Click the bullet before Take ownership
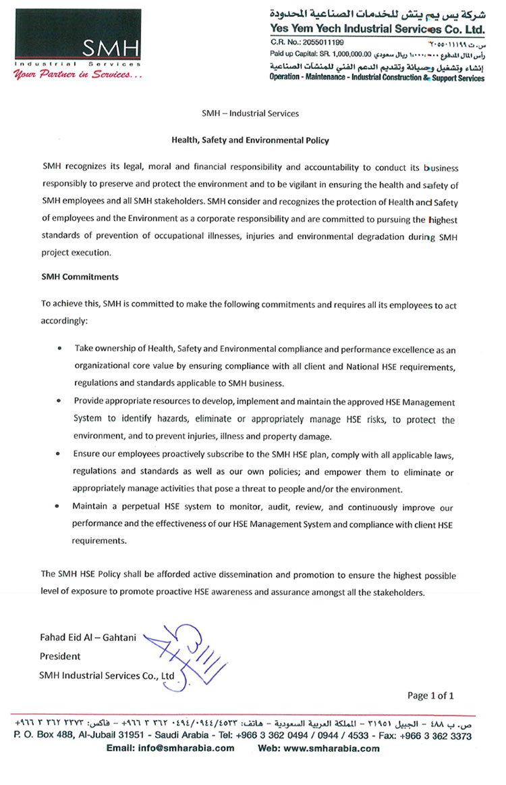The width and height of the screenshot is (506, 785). pos(61,348)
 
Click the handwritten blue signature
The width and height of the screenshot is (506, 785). pos(189,653)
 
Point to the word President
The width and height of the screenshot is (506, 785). pos(60,656)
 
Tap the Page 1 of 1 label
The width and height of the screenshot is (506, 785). pos(430,695)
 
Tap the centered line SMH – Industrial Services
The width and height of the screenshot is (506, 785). pos(250,113)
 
